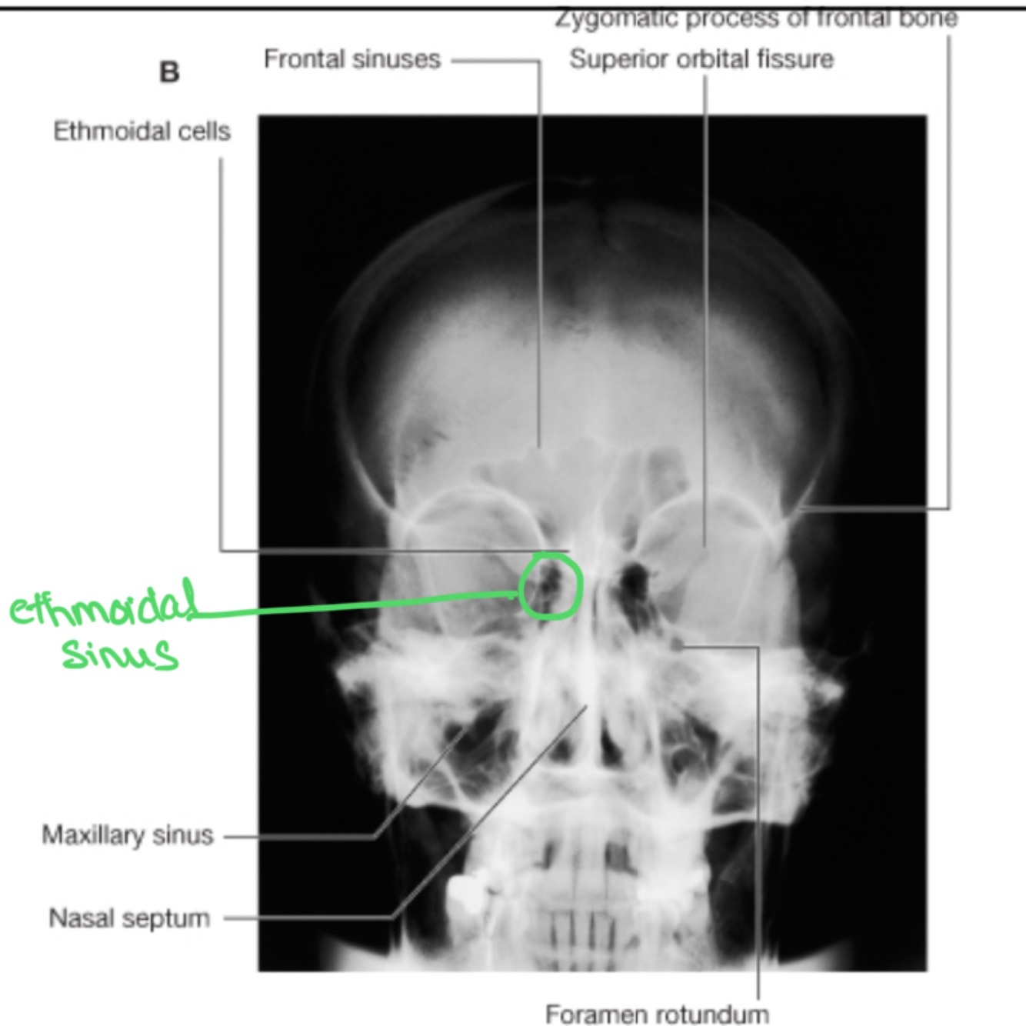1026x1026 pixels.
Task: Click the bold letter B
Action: coord(169,72)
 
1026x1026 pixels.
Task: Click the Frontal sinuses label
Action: coord(352,59)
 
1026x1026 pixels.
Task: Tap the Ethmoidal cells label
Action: coord(142,132)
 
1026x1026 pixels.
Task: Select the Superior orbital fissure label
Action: coord(701,59)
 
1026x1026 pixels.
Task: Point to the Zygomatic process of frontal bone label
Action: coord(757,18)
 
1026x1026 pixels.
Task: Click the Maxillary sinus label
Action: coord(128,835)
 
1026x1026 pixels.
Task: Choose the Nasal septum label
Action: coord(129,918)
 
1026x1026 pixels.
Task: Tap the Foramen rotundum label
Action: coord(657,1014)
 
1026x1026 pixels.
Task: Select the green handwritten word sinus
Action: coord(119,655)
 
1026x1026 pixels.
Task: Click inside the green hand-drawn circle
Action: coord(551,586)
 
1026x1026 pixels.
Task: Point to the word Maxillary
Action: coord(94,835)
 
